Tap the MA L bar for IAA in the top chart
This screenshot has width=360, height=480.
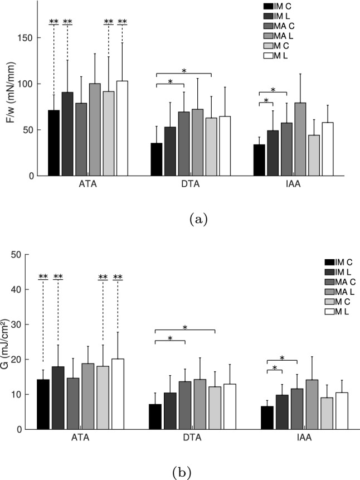pos(316,139)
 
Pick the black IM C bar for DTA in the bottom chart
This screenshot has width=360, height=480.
pos(156,416)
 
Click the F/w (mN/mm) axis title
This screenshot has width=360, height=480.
pos(11,89)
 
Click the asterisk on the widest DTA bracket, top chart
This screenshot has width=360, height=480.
pos(184,71)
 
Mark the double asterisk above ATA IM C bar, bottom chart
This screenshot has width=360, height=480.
pos(43,277)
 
